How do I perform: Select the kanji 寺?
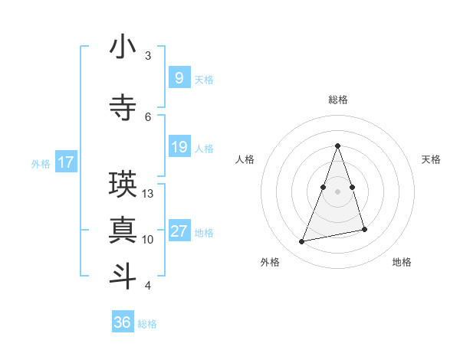123,106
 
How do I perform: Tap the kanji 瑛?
123,184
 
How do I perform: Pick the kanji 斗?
123,275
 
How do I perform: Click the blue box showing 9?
179,78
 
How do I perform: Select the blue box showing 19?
179,147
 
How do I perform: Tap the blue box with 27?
179,232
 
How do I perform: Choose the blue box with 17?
66,162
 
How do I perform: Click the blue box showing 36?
123,322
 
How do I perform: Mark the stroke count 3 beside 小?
148,56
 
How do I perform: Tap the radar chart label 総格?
338,100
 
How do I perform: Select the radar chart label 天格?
432,159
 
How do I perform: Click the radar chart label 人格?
245,159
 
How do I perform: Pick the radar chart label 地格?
402,262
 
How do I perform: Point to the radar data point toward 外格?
302,242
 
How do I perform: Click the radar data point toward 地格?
365,230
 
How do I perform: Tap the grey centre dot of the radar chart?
338,191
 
